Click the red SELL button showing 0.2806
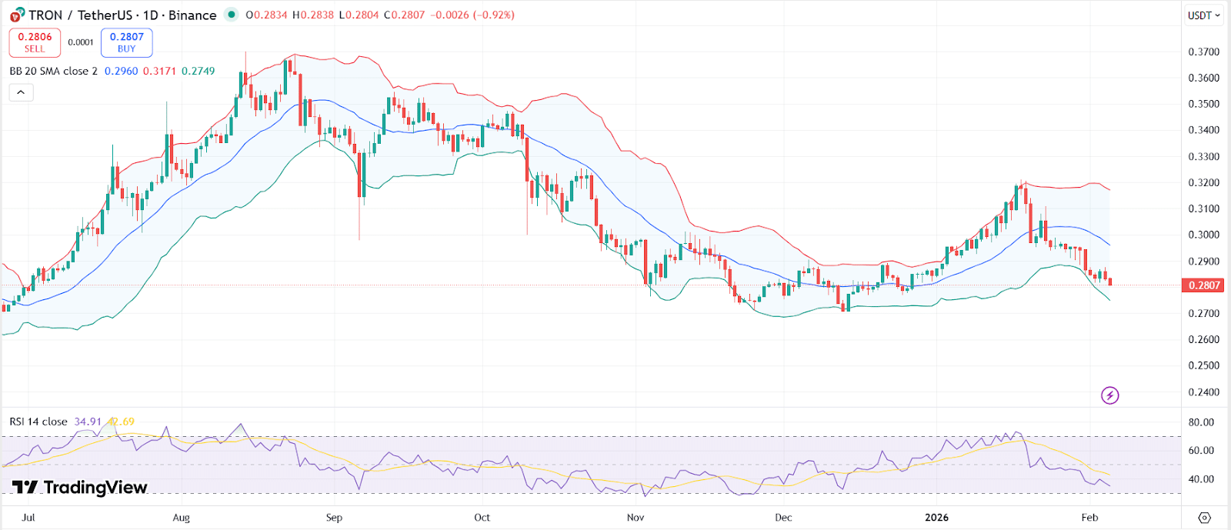(35, 42)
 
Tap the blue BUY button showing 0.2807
(127, 42)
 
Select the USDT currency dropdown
(1203, 15)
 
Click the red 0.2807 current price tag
(1204, 285)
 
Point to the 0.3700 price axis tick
(1204, 52)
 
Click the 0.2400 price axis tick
(1204, 392)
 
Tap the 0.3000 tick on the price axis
(1204, 235)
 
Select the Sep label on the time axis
(334, 518)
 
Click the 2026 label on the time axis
(936, 518)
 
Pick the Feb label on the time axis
(1089, 518)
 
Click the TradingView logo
(79, 488)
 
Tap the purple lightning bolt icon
(1109, 395)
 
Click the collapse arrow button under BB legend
(21, 92)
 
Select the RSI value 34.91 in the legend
(88, 422)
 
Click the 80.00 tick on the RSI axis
(1201, 422)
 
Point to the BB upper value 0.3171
(159, 71)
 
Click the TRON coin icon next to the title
(16, 15)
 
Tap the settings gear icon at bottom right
(1205, 518)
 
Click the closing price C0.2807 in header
(404, 15)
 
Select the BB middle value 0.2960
(121, 71)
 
